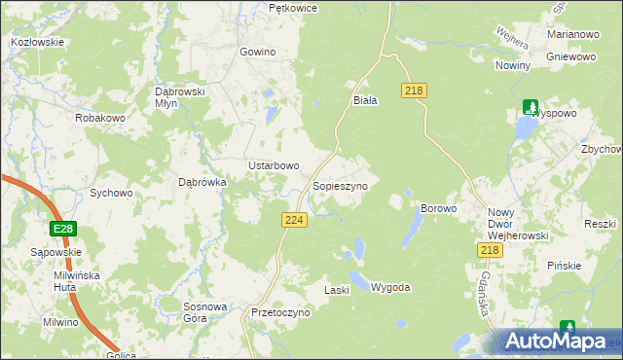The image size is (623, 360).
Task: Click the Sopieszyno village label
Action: (x=339, y=185)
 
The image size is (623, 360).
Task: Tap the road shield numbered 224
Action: (x=295, y=221)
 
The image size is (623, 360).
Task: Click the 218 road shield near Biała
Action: (x=415, y=90)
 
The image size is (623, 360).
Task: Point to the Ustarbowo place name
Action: (x=273, y=165)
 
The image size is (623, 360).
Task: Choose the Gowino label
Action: (x=257, y=52)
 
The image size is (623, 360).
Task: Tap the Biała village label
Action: (x=364, y=99)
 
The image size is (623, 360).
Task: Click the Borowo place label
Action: (x=437, y=208)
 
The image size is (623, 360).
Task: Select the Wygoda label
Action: (x=390, y=288)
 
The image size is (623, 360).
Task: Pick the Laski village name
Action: (x=336, y=290)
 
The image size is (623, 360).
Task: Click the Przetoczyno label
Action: (x=279, y=313)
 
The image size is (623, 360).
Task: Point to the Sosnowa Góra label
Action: (x=205, y=312)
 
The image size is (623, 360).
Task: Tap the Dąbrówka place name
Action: (x=202, y=181)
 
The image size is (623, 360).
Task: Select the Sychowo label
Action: (x=111, y=193)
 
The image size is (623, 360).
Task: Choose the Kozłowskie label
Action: (x=37, y=42)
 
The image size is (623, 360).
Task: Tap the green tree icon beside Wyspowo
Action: (x=531, y=107)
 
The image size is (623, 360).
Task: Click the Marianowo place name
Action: (x=572, y=34)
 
